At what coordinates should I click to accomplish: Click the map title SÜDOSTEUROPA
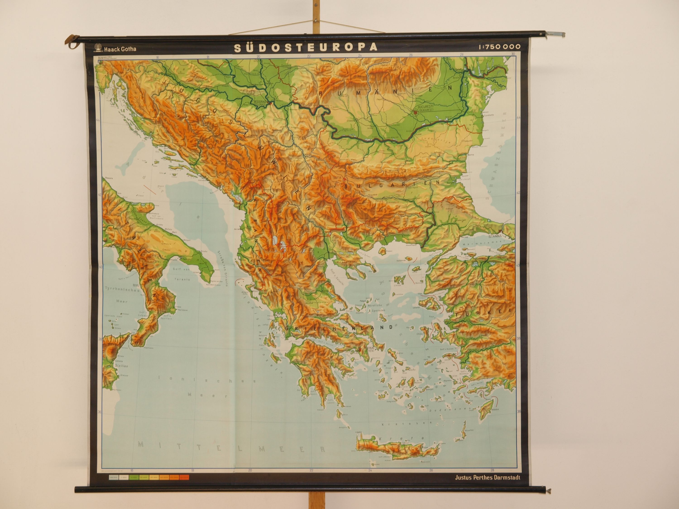305,47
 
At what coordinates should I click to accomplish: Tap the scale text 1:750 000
499,47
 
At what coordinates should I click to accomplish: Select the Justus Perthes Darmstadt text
488,478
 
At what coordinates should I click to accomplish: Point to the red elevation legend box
184,477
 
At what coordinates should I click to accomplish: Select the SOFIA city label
337,177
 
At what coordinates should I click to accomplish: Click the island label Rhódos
494,409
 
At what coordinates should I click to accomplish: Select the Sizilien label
122,366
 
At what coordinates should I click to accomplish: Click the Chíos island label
420,333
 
